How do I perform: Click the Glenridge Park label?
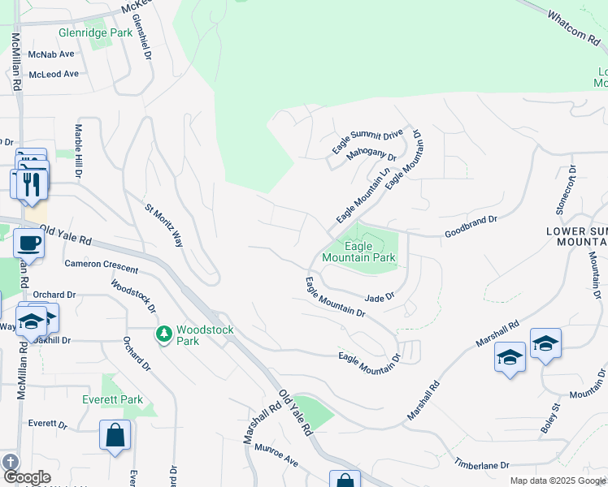(x=94, y=33)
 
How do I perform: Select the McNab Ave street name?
(x=50, y=54)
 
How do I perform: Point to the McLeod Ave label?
(x=53, y=74)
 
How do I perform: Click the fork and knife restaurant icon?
(x=32, y=183)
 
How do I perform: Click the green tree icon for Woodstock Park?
(x=164, y=334)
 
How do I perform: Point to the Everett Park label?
(x=112, y=399)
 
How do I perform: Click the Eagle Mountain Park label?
(x=358, y=252)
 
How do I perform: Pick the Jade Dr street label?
(x=379, y=298)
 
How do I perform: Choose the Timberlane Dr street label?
(x=481, y=465)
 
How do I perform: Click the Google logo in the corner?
(x=26, y=477)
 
